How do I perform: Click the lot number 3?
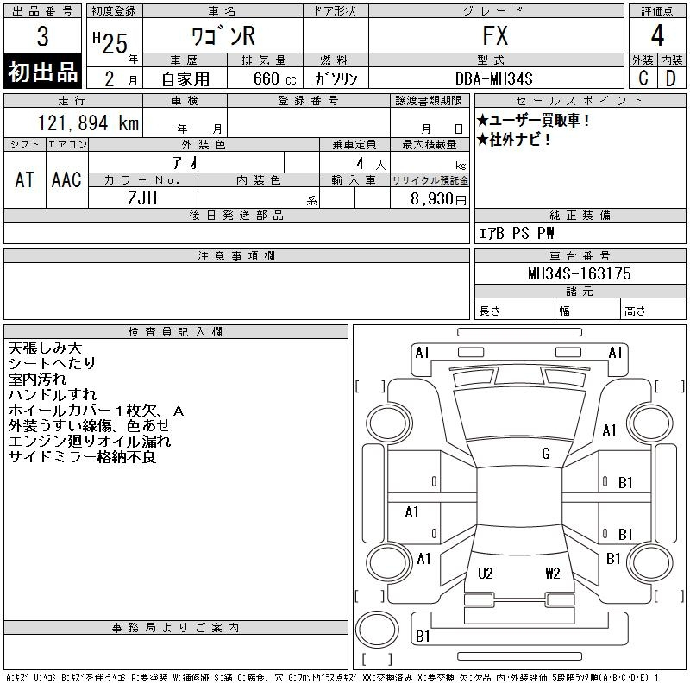tap(42, 36)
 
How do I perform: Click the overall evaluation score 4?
tap(657, 35)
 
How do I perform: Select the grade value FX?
tap(495, 35)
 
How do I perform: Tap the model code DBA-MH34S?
tap(493, 78)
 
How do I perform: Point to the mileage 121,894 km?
tap(88, 123)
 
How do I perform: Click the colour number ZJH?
tap(142, 198)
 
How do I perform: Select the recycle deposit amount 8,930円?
tap(438, 199)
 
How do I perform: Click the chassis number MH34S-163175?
tap(580, 273)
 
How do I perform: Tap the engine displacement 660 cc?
tap(274, 79)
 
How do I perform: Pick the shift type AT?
tap(25, 180)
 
